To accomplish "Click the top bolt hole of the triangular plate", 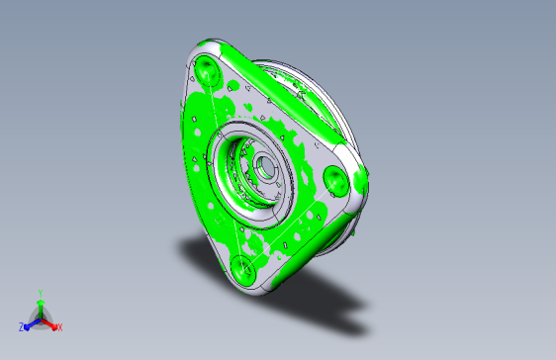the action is pos(207,70).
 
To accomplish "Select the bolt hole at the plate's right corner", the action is pos(335,181).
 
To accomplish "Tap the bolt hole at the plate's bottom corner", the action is pos(243,270).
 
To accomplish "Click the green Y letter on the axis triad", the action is pos(41,293).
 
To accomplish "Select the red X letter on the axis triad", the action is pos(60,327).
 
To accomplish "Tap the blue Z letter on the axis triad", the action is pos(22,327).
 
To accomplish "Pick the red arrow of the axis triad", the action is pos(49,324).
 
